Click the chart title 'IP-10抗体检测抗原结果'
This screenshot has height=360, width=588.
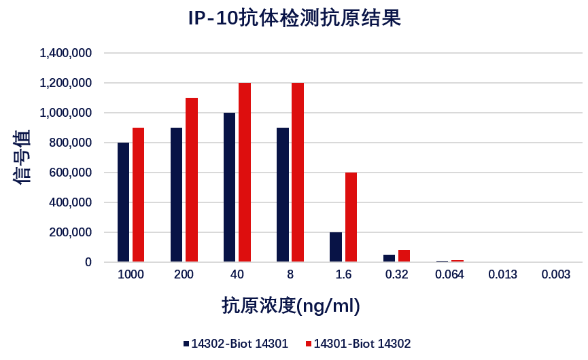coord(294,19)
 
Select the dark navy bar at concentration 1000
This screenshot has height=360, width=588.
coord(123,202)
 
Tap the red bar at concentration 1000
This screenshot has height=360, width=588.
coord(138,194)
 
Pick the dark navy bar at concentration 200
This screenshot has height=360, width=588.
coord(176,194)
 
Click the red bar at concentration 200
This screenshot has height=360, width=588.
coord(192,179)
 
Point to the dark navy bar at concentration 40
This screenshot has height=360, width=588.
coord(229,187)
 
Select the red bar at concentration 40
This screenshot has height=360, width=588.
coord(245,172)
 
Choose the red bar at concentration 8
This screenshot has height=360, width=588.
coord(298,172)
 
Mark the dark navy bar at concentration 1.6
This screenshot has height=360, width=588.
coord(336,247)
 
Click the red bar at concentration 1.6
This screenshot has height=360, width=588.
coord(351,217)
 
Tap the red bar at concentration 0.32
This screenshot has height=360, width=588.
coord(404,255)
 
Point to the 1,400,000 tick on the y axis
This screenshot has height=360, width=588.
coord(66,53)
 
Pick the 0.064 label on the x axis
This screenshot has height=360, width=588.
coord(449,275)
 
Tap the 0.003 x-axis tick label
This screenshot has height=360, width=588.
coord(556,275)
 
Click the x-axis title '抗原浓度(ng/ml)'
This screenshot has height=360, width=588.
coord(291,306)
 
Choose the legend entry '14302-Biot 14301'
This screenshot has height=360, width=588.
coord(235,344)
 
